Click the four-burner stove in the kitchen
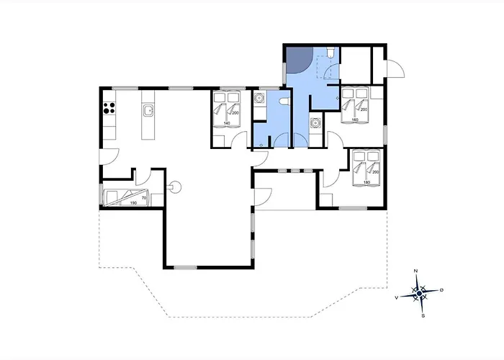click(109, 108)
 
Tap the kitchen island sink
click(148, 111)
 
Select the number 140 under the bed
click(227, 123)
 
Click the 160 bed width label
click(355, 120)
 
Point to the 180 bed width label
click(366, 183)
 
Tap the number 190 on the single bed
click(133, 203)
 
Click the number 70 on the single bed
click(144, 198)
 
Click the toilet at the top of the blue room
click(330, 52)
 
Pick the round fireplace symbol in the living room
click(175, 186)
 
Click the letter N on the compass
click(415, 271)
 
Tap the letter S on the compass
click(423, 315)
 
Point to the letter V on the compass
click(397, 298)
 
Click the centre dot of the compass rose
click(419, 293)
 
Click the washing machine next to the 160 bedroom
click(315, 122)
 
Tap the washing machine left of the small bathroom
click(259, 97)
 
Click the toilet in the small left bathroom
click(284, 102)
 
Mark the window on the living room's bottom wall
click(186, 267)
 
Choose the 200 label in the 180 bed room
click(375, 172)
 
